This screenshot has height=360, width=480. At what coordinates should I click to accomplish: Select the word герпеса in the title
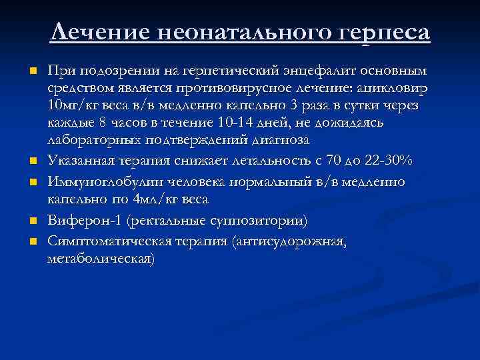click(385, 33)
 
